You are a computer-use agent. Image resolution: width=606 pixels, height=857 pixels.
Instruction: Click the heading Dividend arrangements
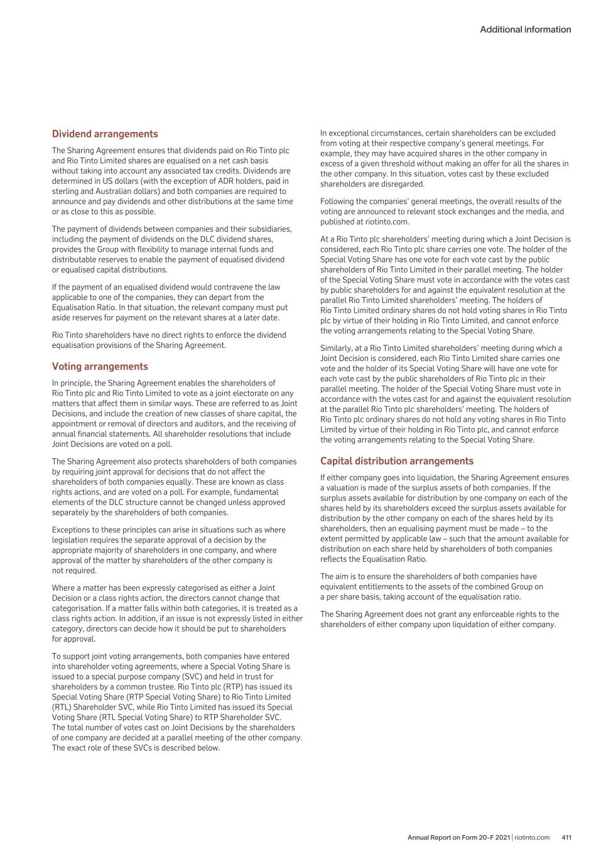[105, 134]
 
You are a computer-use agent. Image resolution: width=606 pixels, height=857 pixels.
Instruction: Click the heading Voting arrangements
[100, 366]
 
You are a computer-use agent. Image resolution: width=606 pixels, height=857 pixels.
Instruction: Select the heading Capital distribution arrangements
[397, 461]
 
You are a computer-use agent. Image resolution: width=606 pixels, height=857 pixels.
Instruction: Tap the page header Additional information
[526, 30]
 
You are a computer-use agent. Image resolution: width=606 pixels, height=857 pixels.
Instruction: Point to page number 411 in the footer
[566, 837]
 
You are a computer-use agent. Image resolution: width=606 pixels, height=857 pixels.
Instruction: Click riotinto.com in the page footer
[532, 837]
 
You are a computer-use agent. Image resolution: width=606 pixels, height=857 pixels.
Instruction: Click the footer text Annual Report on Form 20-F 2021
[459, 837]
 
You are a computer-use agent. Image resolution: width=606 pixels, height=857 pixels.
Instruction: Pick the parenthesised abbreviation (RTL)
[63, 707]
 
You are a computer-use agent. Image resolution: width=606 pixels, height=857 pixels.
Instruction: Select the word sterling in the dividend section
[68, 191]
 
